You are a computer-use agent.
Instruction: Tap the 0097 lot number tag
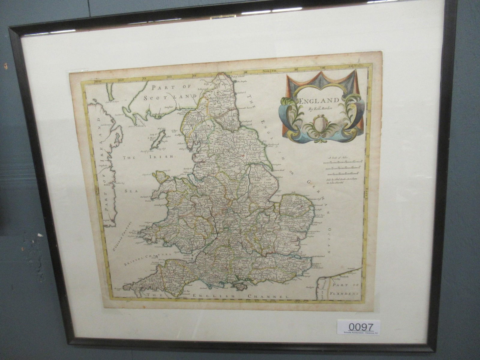(359, 326)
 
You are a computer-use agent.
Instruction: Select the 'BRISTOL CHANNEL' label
(144, 259)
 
